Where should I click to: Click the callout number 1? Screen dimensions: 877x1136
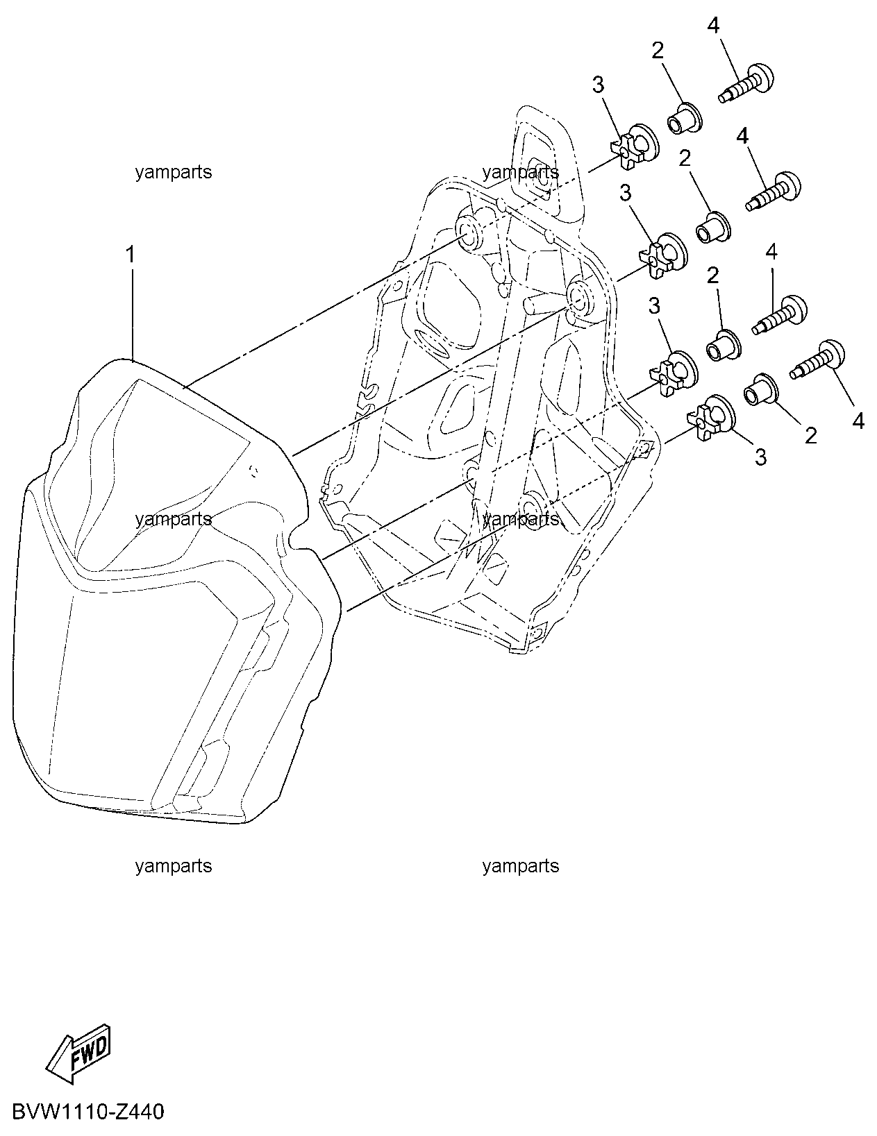click(131, 255)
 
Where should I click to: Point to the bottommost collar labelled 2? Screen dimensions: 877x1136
click(762, 390)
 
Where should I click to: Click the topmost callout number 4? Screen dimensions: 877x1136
click(713, 25)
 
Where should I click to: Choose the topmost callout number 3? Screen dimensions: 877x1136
click(598, 85)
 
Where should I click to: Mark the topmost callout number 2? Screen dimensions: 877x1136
click(658, 51)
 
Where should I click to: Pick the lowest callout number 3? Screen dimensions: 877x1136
click(761, 457)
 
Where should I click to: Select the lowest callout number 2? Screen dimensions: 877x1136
click(810, 436)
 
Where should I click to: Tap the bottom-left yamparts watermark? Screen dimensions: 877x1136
click(174, 866)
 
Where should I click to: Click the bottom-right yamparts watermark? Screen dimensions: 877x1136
click(521, 866)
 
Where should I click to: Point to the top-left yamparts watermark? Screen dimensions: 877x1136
click(174, 172)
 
